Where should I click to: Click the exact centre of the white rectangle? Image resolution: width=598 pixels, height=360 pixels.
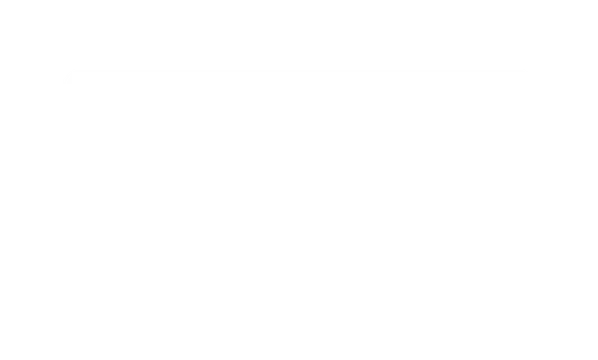click(x=299, y=179)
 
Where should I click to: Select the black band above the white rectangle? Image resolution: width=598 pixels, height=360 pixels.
click(x=299, y=33)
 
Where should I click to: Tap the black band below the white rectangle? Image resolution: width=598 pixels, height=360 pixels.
click(x=299, y=326)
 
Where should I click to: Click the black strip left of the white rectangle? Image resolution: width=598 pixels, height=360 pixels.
click(x=30, y=179)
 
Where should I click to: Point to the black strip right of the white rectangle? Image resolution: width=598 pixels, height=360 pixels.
click(x=568, y=179)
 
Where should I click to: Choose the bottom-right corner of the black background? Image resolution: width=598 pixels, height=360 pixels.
click(x=595, y=357)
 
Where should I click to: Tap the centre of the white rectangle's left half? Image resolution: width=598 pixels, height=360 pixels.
click(x=179, y=179)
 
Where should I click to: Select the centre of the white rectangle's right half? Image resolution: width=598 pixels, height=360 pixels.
click(x=419, y=179)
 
